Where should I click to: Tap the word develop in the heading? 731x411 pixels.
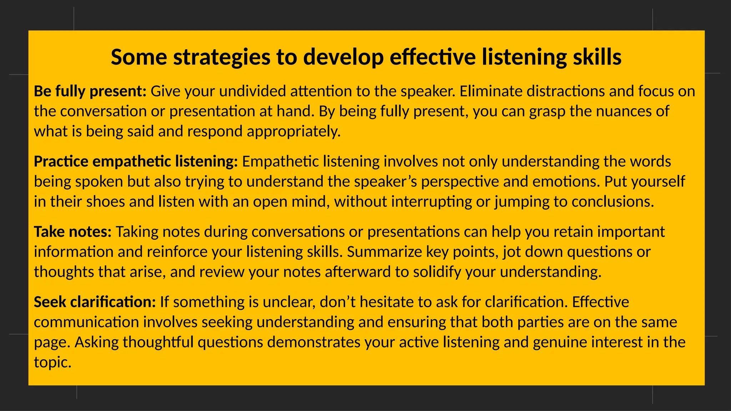click(343, 57)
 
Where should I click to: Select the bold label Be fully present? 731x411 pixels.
click(90, 91)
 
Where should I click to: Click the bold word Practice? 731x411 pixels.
click(61, 162)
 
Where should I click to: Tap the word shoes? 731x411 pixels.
click(105, 202)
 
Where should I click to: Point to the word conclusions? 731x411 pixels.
click(612, 202)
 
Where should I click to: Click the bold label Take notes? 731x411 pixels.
click(73, 232)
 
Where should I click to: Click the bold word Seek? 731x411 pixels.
click(50, 302)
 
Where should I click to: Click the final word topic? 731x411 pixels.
click(52, 362)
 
